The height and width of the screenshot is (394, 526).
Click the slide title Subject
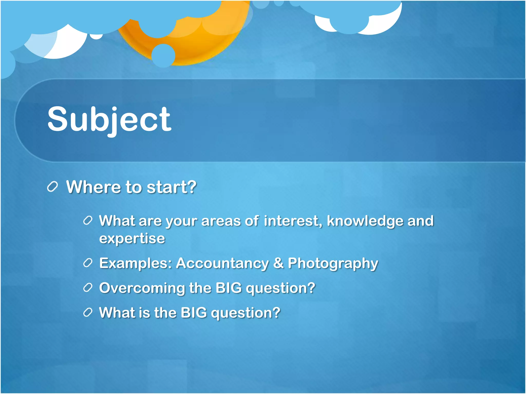109,120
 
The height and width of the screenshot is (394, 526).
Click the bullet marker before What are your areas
88,221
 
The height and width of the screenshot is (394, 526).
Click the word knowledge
365,221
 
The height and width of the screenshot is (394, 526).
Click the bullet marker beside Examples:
88,263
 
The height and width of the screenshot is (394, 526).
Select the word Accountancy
222,263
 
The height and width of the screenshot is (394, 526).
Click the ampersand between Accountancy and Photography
278,263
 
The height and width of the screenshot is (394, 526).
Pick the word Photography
333,264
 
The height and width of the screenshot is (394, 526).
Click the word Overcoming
142,288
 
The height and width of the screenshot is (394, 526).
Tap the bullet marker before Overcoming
88,288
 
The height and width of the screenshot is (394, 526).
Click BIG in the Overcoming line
229,288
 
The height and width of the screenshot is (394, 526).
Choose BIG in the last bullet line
194,313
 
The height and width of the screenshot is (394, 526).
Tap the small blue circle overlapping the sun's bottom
163,55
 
